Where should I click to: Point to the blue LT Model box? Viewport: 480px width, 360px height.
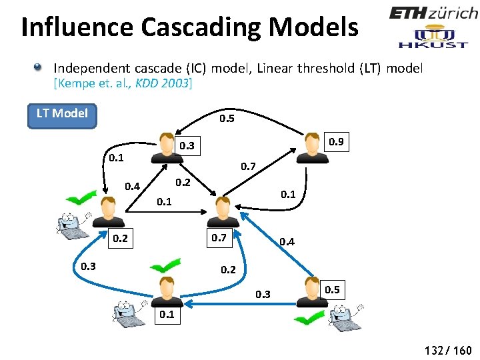click(x=62, y=113)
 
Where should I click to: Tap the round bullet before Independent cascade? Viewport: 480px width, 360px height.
click(x=40, y=67)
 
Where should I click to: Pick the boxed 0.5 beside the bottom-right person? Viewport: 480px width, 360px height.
click(x=333, y=289)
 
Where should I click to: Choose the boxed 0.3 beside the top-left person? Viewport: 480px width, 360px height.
click(x=187, y=145)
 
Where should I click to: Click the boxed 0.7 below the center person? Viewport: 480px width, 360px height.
click(x=219, y=237)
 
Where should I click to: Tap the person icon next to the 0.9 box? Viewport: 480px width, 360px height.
click(x=311, y=147)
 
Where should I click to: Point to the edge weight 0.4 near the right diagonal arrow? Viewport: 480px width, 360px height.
click(x=287, y=241)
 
